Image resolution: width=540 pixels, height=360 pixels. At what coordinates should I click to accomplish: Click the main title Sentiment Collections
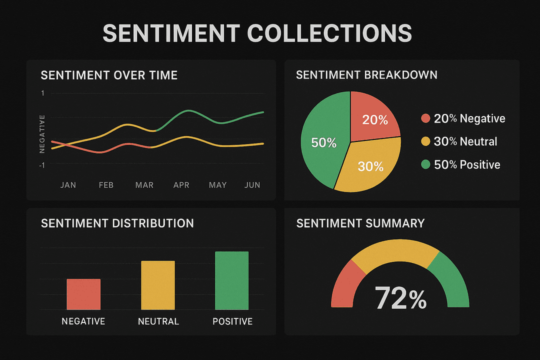pos(257,33)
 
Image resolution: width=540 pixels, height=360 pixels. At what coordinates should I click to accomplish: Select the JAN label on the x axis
pos(68,185)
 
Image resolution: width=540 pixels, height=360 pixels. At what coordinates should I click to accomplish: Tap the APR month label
pos(181,185)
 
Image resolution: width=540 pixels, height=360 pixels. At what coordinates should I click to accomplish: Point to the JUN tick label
pos(252,185)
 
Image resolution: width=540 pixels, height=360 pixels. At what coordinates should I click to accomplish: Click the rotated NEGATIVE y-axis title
pos(42,133)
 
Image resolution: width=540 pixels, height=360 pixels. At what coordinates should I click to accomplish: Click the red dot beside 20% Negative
pos(425,118)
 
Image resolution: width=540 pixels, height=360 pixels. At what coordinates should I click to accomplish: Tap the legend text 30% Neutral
pos(465,141)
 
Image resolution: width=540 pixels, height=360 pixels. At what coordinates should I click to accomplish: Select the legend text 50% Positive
pos(467,164)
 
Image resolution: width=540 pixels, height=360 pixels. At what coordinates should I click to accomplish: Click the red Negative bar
pos(83,294)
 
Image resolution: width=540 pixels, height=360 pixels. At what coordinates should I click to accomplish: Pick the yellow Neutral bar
pos(158,285)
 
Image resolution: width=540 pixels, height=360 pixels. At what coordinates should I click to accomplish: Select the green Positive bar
pos(231,280)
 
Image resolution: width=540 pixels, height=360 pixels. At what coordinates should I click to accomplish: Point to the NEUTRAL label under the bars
pos(158,321)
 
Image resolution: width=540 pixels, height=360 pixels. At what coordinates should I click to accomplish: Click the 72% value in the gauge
pos(400,298)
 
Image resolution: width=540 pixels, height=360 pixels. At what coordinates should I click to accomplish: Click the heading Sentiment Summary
pos(360,223)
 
